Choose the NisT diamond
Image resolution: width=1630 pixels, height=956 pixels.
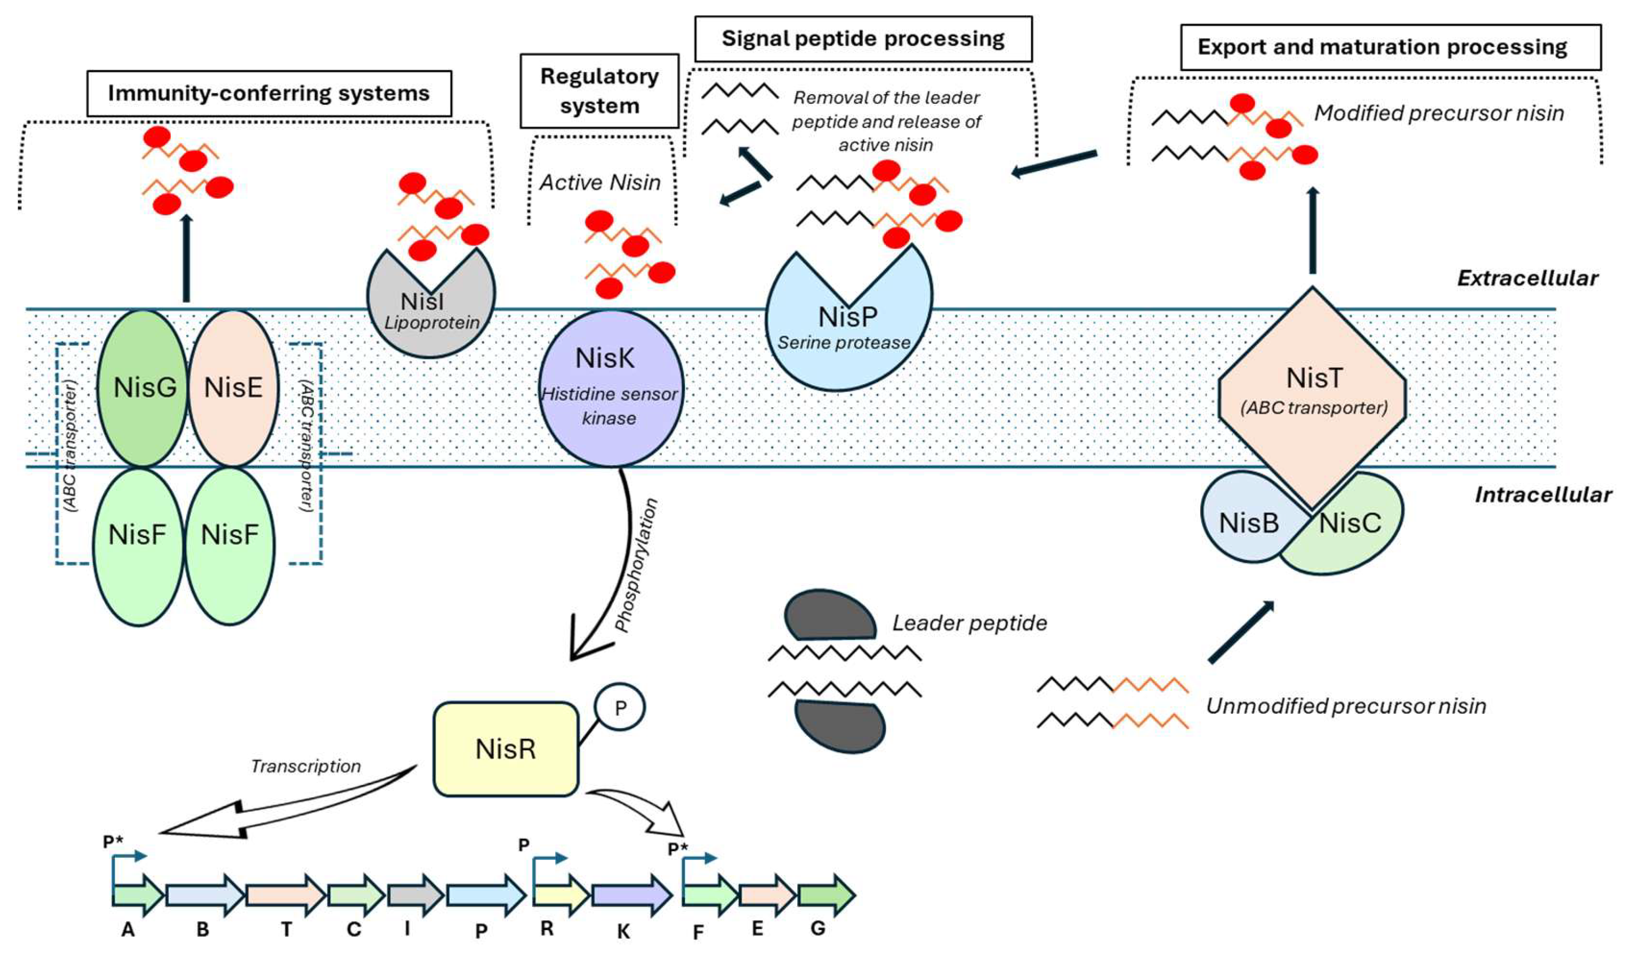(1313, 394)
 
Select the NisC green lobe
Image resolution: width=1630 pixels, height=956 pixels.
(1352, 530)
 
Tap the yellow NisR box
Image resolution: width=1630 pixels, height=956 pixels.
(506, 749)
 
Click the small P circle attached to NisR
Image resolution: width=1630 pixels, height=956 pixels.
(619, 708)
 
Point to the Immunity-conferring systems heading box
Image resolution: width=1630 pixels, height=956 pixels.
(269, 93)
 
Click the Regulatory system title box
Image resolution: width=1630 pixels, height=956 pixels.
(600, 90)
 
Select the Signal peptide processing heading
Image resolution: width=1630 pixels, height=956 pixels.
(863, 39)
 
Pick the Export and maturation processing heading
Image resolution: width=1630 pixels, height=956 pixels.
(1391, 47)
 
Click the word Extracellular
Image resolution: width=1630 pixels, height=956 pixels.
(1527, 278)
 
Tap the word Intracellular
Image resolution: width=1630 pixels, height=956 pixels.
(1543, 495)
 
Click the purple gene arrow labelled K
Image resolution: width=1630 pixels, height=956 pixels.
(631, 895)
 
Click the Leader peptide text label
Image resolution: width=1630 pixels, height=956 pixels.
(969, 623)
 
